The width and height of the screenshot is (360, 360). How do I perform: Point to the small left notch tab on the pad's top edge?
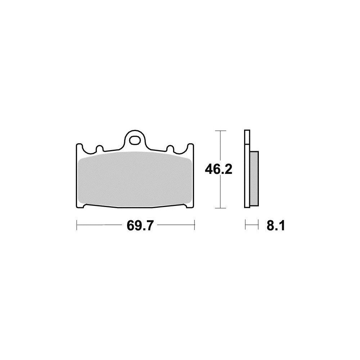click(x=99, y=148)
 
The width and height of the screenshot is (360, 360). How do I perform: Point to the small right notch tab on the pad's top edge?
click(x=171, y=148)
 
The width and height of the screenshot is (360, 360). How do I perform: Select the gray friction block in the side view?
click(x=254, y=178)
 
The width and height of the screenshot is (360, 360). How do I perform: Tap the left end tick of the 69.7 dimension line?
click(x=77, y=226)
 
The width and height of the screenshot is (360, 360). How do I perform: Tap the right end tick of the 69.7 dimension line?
click(x=194, y=226)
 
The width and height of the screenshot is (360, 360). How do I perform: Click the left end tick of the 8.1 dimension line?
click(x=245, y=226)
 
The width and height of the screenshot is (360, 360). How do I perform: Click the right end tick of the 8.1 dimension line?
click(x=258, y=226)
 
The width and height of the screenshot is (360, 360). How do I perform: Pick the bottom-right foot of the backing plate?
click(x=188, y=206)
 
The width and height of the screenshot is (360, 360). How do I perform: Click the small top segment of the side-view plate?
click(x=246, y=137)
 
